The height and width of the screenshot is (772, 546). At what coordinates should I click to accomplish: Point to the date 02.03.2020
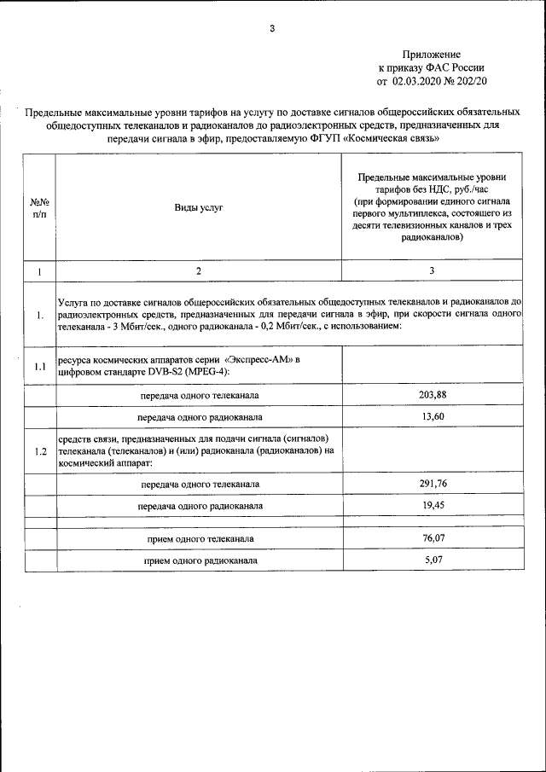(419, 81)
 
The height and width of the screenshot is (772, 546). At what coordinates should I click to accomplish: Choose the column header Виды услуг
(198, 207)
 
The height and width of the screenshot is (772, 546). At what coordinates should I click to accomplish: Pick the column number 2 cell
(198, 270)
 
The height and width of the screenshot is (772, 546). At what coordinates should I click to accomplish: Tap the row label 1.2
(39, 451)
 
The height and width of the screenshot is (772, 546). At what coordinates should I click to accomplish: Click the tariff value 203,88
(432, 393)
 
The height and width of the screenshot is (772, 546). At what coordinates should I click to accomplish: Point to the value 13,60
(432, 416)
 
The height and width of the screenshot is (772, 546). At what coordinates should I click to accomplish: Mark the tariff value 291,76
(432, 484)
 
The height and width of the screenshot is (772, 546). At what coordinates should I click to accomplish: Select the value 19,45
(432, 505)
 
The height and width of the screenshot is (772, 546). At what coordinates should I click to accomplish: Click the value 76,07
(432, 538)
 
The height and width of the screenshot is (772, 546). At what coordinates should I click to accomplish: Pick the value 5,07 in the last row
(432, 560)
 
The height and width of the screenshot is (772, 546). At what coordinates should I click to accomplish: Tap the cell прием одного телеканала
(199, 539)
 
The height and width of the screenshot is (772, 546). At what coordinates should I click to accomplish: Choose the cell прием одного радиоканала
(199, 560)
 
